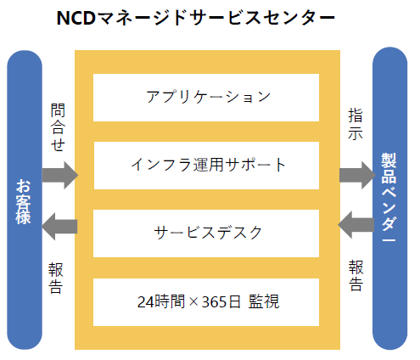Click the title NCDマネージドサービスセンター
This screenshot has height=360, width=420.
196,18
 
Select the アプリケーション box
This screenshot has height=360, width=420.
206,98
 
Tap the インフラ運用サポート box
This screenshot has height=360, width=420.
206,166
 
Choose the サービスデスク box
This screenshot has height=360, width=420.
206,233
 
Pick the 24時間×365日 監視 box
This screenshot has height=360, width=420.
206,302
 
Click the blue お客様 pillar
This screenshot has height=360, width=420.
25,200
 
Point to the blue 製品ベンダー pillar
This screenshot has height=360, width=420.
389,198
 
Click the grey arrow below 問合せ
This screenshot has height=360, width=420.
60,175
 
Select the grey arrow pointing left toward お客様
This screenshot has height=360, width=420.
59,227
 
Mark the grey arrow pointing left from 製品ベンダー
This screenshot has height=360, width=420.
356,225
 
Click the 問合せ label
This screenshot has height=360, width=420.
58,127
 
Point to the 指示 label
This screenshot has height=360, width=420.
356,124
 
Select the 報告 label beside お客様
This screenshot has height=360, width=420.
55,278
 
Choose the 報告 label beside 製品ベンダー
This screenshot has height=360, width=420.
356,276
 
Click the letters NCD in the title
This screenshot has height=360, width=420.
76,18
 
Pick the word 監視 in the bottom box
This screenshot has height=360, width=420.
264,301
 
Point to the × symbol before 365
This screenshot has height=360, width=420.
193,302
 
